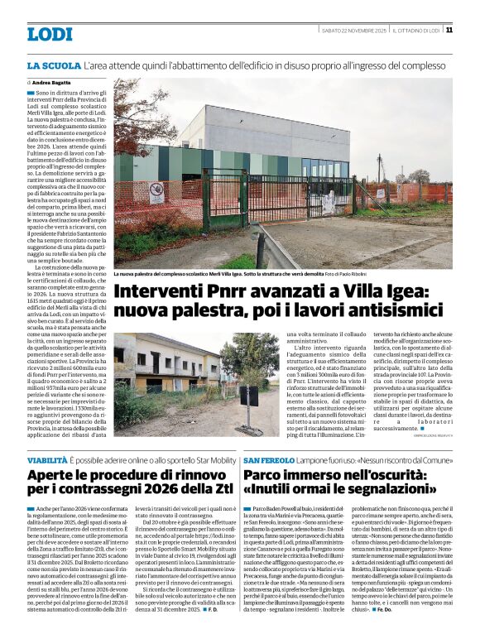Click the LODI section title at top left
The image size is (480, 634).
(50, 34)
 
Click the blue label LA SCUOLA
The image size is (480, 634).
(53, 65)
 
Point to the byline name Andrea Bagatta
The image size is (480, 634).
(50, 83)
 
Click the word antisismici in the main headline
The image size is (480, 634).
(404, 314)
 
